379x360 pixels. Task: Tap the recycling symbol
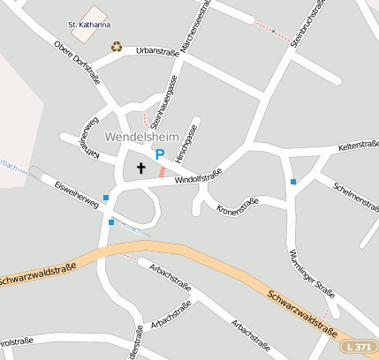tap(117, 47)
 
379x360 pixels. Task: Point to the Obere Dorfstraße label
tap(78, 63)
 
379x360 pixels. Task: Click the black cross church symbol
tap(140, 168)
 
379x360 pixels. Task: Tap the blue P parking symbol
tap(160, 154)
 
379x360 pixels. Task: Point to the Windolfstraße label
tap(197, 179)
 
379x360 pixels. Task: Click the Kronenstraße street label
tap(238, 205)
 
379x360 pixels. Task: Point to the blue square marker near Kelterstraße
tap(292, 182)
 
